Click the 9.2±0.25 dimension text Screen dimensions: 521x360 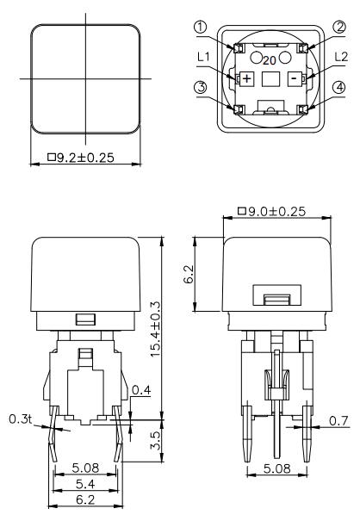87,158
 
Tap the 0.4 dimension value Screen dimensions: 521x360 141,392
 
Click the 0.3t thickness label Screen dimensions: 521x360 20,419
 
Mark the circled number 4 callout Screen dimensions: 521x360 339,109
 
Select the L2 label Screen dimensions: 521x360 340,57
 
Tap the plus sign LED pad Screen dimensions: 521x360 246,78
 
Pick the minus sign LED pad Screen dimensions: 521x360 295,78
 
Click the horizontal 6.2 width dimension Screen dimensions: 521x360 85,500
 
